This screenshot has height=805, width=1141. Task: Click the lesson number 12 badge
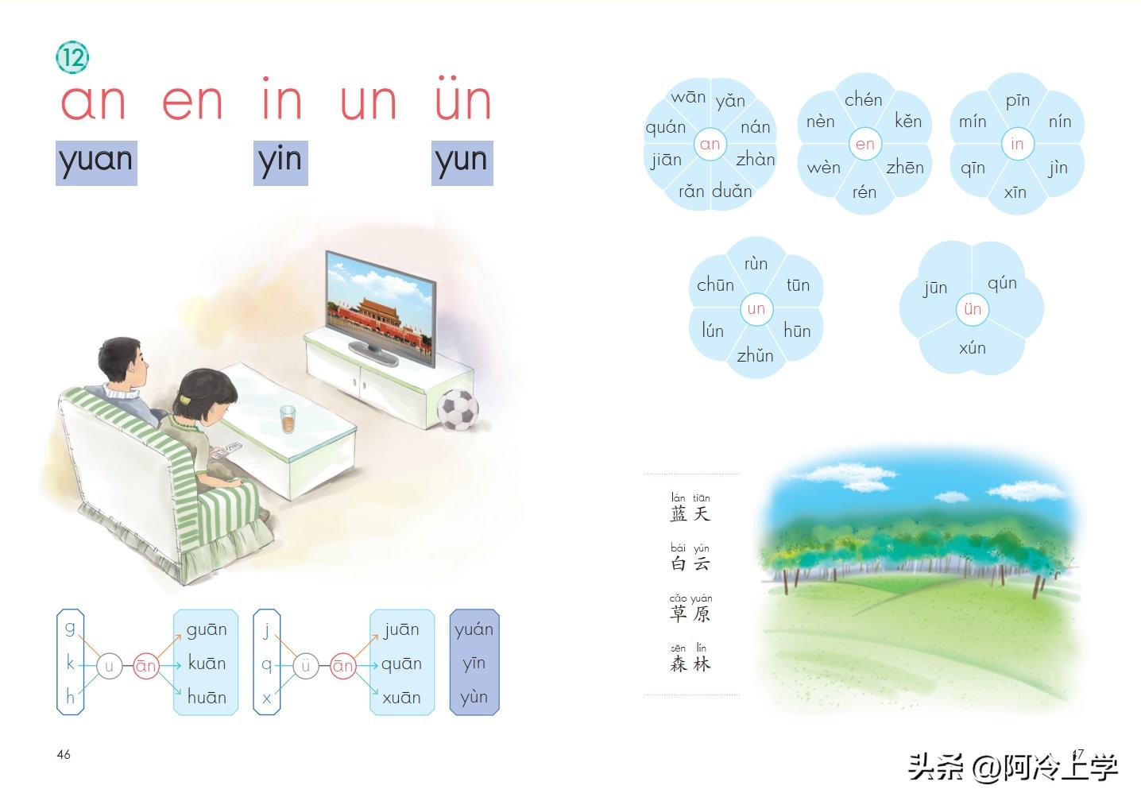(x=72, y=57)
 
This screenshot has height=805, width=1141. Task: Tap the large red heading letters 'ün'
(x=462, y=101)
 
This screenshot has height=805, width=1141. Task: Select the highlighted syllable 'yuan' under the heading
(x=96, y=162)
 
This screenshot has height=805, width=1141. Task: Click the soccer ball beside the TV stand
(x=458, y=408)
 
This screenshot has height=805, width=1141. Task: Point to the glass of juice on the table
(x=288, y=419)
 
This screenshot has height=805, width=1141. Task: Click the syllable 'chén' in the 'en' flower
(x=863, y=99)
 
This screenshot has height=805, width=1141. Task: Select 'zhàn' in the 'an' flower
(x=755, y=159)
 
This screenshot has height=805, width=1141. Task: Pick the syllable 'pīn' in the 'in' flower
(x=1017, y=100)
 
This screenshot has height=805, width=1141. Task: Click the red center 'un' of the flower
(x=756, y=308)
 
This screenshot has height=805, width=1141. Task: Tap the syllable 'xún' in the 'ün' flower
(x=972, y=348)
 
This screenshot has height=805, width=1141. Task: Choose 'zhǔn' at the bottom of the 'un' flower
(x=755, y=355)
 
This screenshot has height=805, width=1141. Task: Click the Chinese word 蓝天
(x=690, y=513)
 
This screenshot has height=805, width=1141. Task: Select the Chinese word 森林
(x=690, y=664)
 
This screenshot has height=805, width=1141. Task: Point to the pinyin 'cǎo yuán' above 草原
(x=690, y=598)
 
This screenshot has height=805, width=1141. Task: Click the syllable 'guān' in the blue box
(x=207, y=629)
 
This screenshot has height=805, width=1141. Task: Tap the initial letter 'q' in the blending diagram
(x=267, y=664)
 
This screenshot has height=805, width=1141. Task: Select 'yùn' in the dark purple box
(x=474, y=697)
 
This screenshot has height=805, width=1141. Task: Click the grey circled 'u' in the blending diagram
(x=109, y=666)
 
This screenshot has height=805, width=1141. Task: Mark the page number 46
(x=64, y=754)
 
